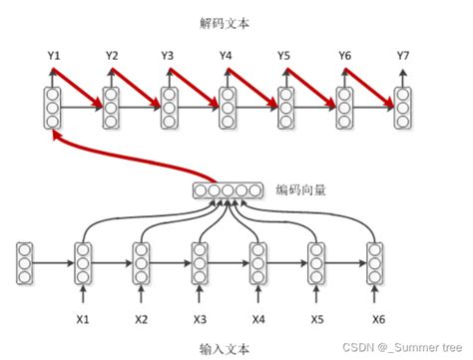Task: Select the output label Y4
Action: point(228,55)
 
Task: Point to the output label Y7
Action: point(403,55)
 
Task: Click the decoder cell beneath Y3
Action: point(169,109)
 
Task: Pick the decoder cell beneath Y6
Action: point(344,109)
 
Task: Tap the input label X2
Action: point(142,318)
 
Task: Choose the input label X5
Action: point(317,318)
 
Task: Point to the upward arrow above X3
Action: point(200,296)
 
